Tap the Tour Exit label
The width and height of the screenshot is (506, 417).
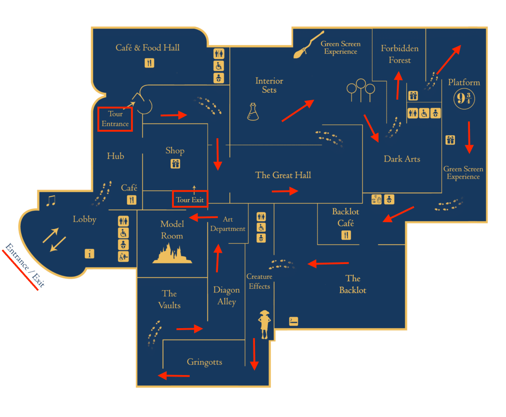click(190, 200)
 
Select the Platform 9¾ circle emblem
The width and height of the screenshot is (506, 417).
click(464, 99)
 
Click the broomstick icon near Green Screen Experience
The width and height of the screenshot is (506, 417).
click(308, 44)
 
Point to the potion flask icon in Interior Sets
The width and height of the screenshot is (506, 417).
click(253, 112)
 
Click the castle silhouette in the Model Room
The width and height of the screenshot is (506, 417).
click(172, 254)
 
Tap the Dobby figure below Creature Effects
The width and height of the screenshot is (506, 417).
click(264, 324)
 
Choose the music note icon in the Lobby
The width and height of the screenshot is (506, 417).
click(51, 201)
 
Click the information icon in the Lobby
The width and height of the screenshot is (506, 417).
click(89, 254)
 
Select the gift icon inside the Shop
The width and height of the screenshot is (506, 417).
click(175, 164)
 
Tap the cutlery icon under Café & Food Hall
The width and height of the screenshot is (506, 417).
click(149, 63)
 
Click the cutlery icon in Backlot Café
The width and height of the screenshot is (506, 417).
click(346, 235)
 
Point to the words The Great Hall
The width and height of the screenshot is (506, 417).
click(283, 175)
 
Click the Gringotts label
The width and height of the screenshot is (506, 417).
click(205, 362)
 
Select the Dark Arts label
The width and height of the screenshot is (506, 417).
click(402, 159)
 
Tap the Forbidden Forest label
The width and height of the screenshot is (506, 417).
click(399, 54)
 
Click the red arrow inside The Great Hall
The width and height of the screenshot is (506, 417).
click(285, 191)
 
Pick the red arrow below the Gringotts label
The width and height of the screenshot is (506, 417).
click(174, 376)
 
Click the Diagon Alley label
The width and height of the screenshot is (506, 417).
click(226, 296)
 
